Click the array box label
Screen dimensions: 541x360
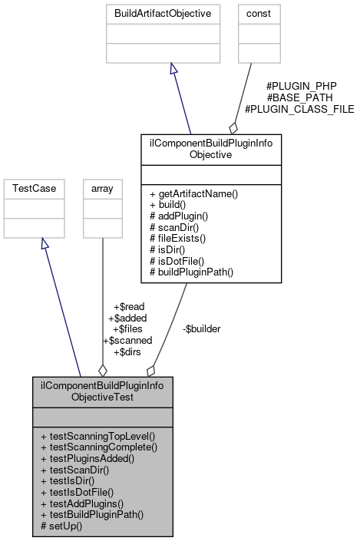coord(102,187)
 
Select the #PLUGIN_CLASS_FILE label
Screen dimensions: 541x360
coord(299,109)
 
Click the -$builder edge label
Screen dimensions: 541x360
coord(201,328)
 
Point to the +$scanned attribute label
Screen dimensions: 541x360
coord(127,340)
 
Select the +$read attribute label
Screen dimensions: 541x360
coord(128,306)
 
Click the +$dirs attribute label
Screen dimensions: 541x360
coord(128,351)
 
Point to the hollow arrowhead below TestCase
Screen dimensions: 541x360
coord(45,243)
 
